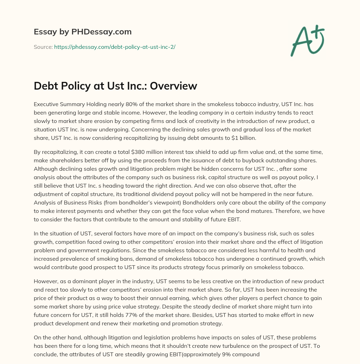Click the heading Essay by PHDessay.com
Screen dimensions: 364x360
pyautogui.click(x=83, y=32)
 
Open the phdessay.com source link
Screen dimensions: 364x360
pyautogui.click(x=115, y=47)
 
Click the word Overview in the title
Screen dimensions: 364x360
pyautogui.click(x=174, y=86)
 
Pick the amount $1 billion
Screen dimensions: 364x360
pyautogui.click(x=244, y=138)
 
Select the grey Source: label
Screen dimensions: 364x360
pyautogui.click(x=43, y=47)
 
